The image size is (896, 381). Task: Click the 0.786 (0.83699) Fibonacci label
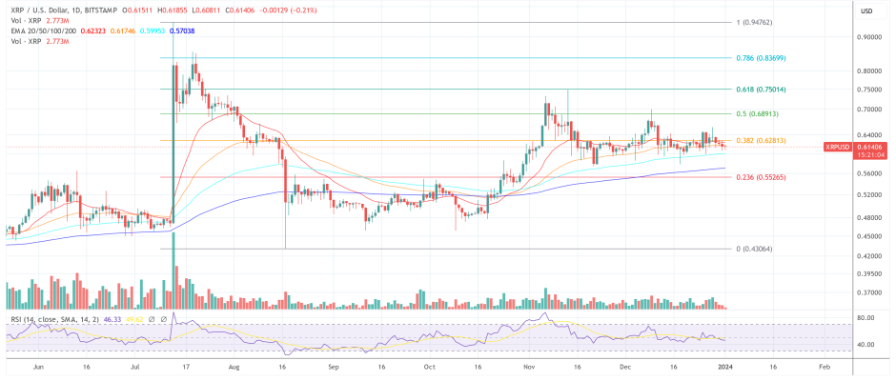761,58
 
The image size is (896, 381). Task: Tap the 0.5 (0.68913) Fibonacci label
756,114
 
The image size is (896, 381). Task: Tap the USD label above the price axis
866,10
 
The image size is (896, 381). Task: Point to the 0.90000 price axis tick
868,38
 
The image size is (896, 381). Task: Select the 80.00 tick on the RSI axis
865,318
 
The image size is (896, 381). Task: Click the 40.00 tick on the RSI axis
865,345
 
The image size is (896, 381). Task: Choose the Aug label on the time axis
234,365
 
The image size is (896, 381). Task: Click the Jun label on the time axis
39,365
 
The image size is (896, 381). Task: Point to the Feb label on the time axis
825,365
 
